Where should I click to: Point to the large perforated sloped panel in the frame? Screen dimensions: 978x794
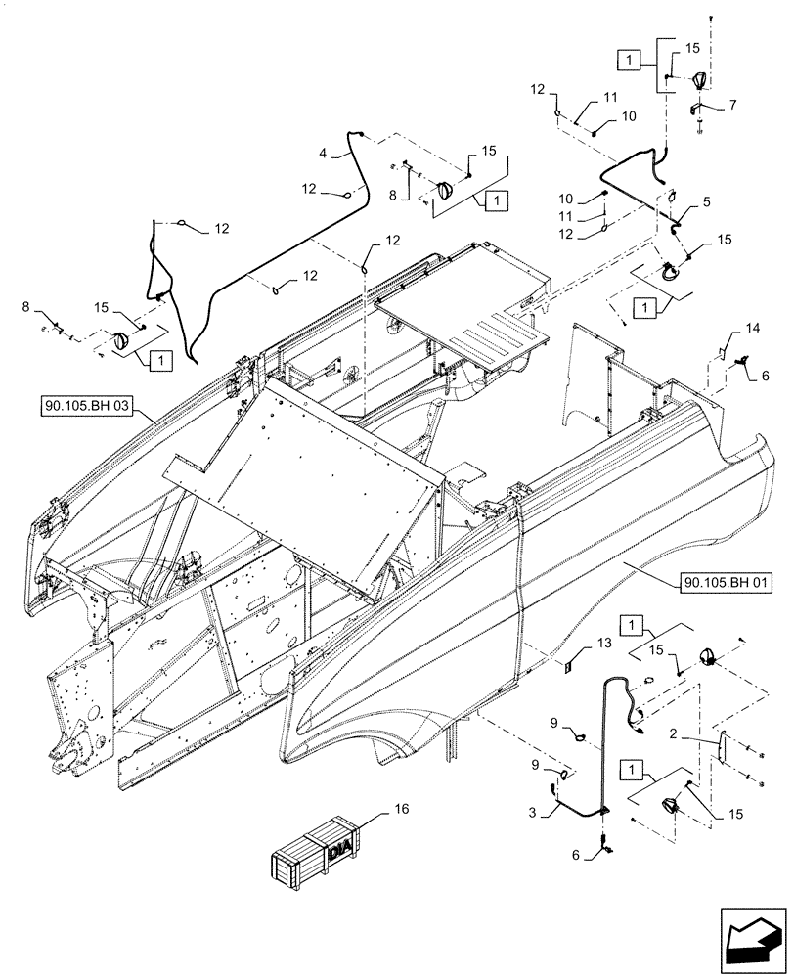pos(303,469)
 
